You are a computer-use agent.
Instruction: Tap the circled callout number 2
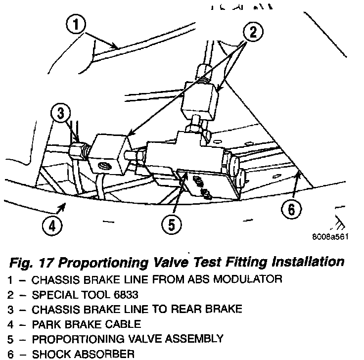click(253, 33)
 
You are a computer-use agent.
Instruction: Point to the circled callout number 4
click(52, 226)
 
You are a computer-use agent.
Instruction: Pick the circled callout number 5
click(171, 225)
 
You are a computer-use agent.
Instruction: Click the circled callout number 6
click(291, 210)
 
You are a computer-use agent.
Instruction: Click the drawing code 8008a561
click(331, 236)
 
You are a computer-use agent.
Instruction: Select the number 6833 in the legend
click(126, 295)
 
